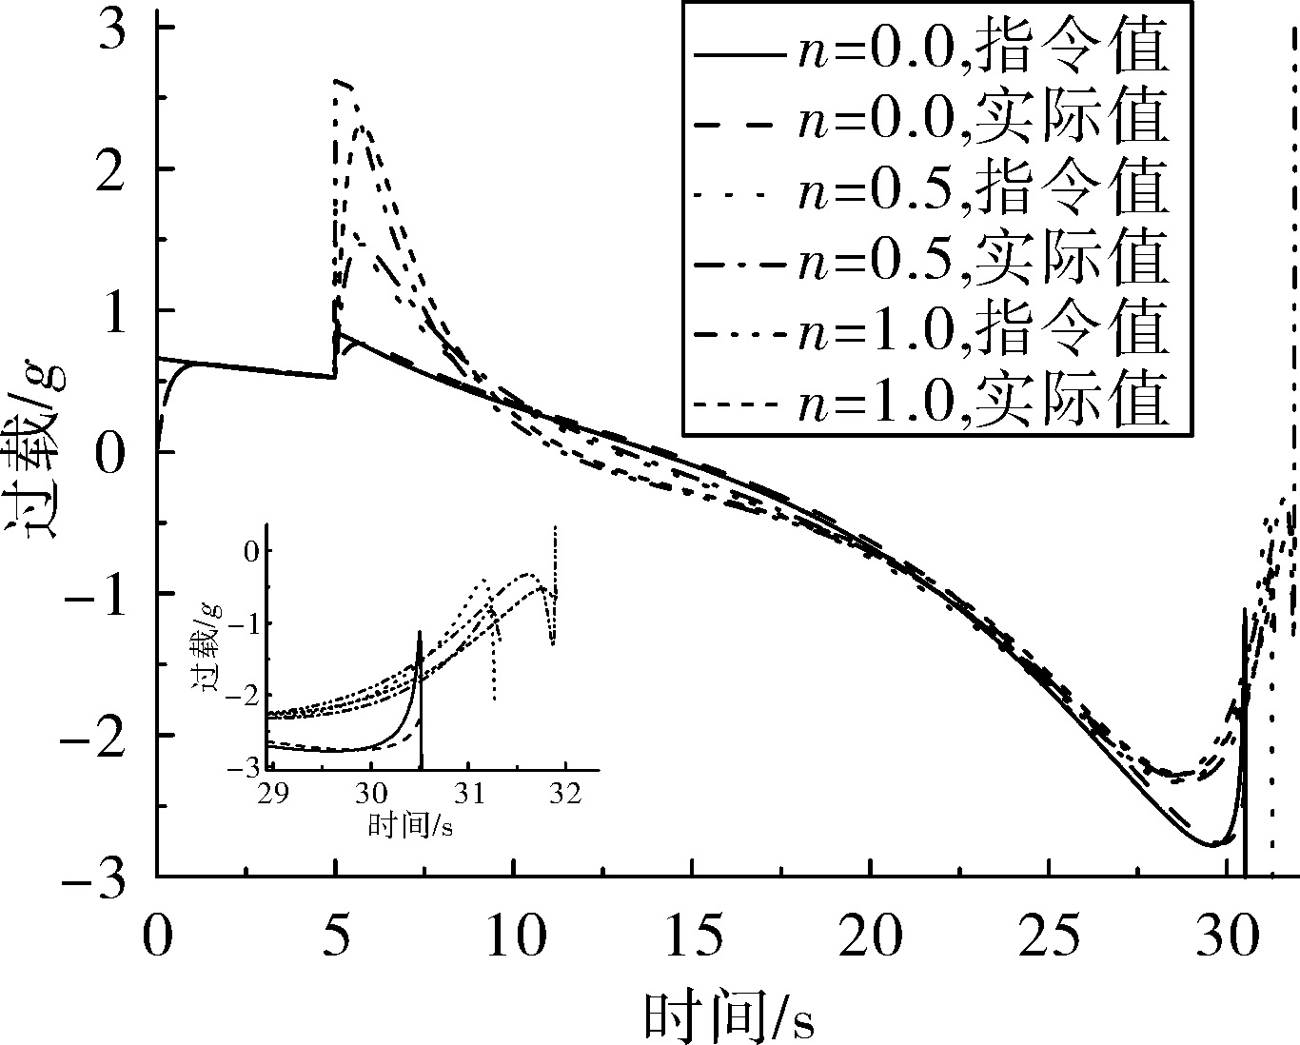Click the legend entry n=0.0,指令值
point(931,55)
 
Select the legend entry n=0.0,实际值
point(931,125)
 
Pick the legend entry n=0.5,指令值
point(931,194)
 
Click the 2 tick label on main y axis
point(111,168)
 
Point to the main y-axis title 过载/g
point(37,450)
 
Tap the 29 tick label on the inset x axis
point(273,793)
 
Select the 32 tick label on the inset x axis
point(565,793)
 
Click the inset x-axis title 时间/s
point(410,824)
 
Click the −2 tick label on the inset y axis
point(244,696)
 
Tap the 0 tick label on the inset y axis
point(251,551)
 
